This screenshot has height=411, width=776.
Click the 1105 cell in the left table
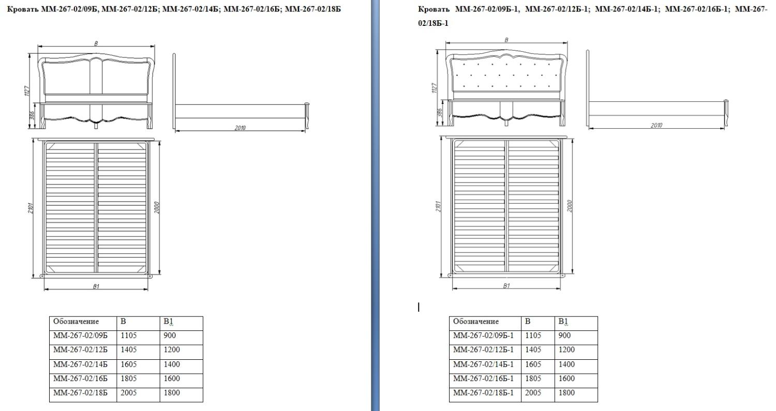128,336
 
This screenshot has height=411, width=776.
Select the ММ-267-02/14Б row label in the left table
80,364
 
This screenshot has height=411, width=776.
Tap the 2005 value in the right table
533,393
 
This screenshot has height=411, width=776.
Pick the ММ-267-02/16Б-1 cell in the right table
483,378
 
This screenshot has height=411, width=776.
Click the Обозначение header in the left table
76,322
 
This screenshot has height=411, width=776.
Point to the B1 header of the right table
563,322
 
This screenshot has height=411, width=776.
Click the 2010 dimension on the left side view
240,128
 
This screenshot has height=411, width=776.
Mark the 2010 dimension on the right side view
656,125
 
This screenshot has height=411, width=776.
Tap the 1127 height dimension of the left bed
28,90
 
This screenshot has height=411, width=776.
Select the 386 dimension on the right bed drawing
440,113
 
